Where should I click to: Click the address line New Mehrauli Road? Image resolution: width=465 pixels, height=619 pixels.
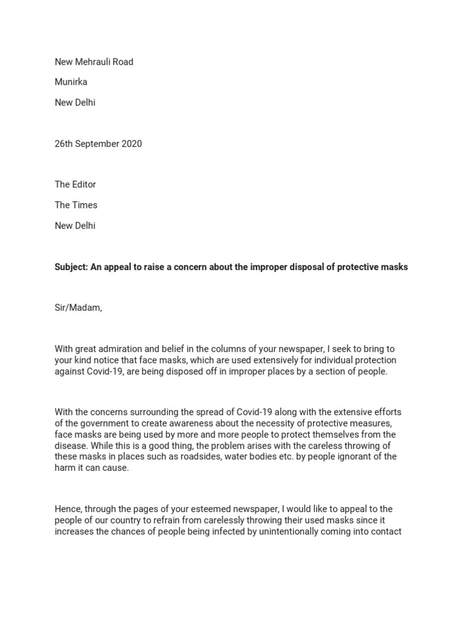[94, 62]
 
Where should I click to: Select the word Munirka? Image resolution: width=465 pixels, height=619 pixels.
[71, 82]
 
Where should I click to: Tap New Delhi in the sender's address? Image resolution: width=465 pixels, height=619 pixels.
[75, 103]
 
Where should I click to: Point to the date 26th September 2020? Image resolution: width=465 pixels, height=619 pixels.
[98, 144]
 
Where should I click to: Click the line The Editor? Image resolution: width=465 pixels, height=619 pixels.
[75, 184]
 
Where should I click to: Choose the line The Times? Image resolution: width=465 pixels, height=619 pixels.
[76, 205]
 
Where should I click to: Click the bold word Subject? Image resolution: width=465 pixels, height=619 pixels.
[71, 267]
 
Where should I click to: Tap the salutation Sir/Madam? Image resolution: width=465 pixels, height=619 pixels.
[78, 308]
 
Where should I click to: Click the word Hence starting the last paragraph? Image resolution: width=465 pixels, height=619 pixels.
[67, 509]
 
